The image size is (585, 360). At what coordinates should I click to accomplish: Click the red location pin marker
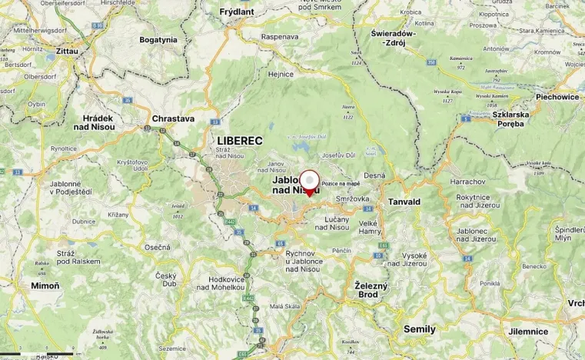click(309, 182)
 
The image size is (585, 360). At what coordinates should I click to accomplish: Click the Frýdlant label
click(237, 12)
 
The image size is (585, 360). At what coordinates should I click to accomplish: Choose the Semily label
click(420, 328)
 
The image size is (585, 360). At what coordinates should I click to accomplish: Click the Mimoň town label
click(45, 285)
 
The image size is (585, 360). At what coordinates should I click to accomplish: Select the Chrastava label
click(173, 119)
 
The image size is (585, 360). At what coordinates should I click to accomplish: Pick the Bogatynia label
click(158, 39)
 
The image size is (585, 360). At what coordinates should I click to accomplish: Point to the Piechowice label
click(557, 97)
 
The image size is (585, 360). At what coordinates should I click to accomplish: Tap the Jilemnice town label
click(528, 332)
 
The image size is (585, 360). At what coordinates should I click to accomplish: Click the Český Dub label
click(166, 279)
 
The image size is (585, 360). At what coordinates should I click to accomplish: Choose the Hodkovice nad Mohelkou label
click(224, 283)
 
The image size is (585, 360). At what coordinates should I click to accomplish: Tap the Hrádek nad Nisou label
click(98, 123)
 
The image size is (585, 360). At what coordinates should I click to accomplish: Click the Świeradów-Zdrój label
click(393, 38)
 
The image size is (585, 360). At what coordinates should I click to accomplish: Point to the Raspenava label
click(280, 36)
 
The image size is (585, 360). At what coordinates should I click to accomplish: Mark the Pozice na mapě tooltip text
click(341, 184)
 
